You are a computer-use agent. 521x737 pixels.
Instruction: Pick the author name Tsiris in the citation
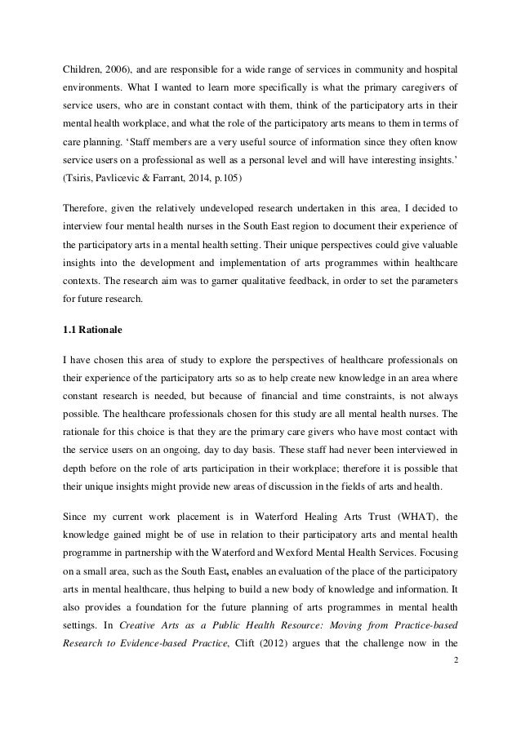82,197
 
